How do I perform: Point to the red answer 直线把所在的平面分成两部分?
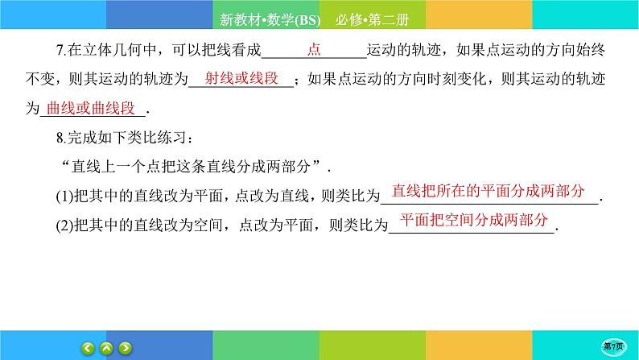489,192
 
